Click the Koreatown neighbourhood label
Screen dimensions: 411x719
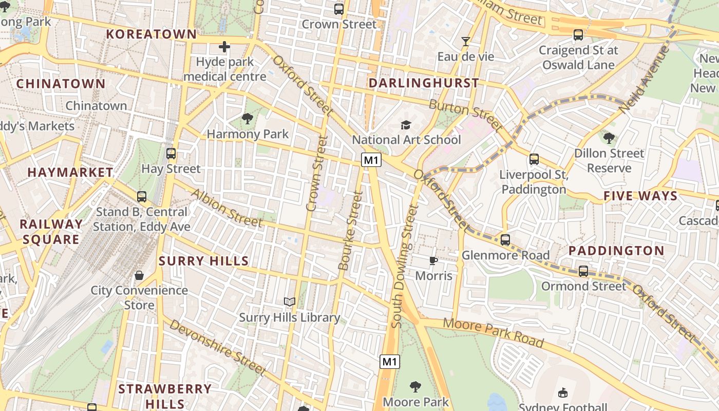click(x=151, y=34)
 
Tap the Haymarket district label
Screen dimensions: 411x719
click(x=70, y=172)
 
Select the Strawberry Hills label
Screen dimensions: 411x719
click(x=165, y=395)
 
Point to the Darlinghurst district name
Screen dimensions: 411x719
click(x=424, y=83)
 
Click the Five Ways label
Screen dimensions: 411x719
click(x=640, y=196)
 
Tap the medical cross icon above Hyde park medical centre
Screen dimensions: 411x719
click(x=224, y=47)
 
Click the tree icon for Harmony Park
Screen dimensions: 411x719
click(x=248, y=119)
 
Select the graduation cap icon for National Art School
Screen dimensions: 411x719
click(x=406, y=125)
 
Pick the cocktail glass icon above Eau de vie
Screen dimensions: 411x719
click(x=466, y=42)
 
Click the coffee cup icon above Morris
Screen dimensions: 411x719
click(x=433, y=260)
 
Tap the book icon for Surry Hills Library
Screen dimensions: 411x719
click(x=290, y=302)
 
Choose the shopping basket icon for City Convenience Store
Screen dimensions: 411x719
click(x=139, y=275)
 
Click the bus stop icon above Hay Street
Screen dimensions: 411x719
click(x=171, y=153)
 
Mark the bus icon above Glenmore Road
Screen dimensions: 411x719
click(x=505, y=240)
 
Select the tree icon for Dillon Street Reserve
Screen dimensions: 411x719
click(x=609, y=138)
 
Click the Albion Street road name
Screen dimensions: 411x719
click(x=226, y=208)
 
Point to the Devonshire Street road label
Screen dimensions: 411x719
click(x=218, y=347)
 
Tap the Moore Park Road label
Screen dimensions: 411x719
click(x=493, y=332)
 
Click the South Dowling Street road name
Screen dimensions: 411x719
click(x=405, y=266)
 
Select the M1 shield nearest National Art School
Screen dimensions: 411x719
click(x=371, y=160)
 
